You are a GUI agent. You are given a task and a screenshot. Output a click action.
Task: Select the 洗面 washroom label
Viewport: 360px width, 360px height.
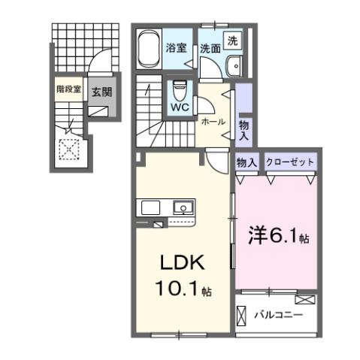(x=210, y=48)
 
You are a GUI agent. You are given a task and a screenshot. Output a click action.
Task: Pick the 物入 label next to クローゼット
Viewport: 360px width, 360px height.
(x=247, y=162)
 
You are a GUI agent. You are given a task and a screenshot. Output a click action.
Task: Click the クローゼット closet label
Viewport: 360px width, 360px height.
(x=289, y=162)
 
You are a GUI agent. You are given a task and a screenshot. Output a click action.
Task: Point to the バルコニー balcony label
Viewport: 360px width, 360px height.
(x=277, y=314)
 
